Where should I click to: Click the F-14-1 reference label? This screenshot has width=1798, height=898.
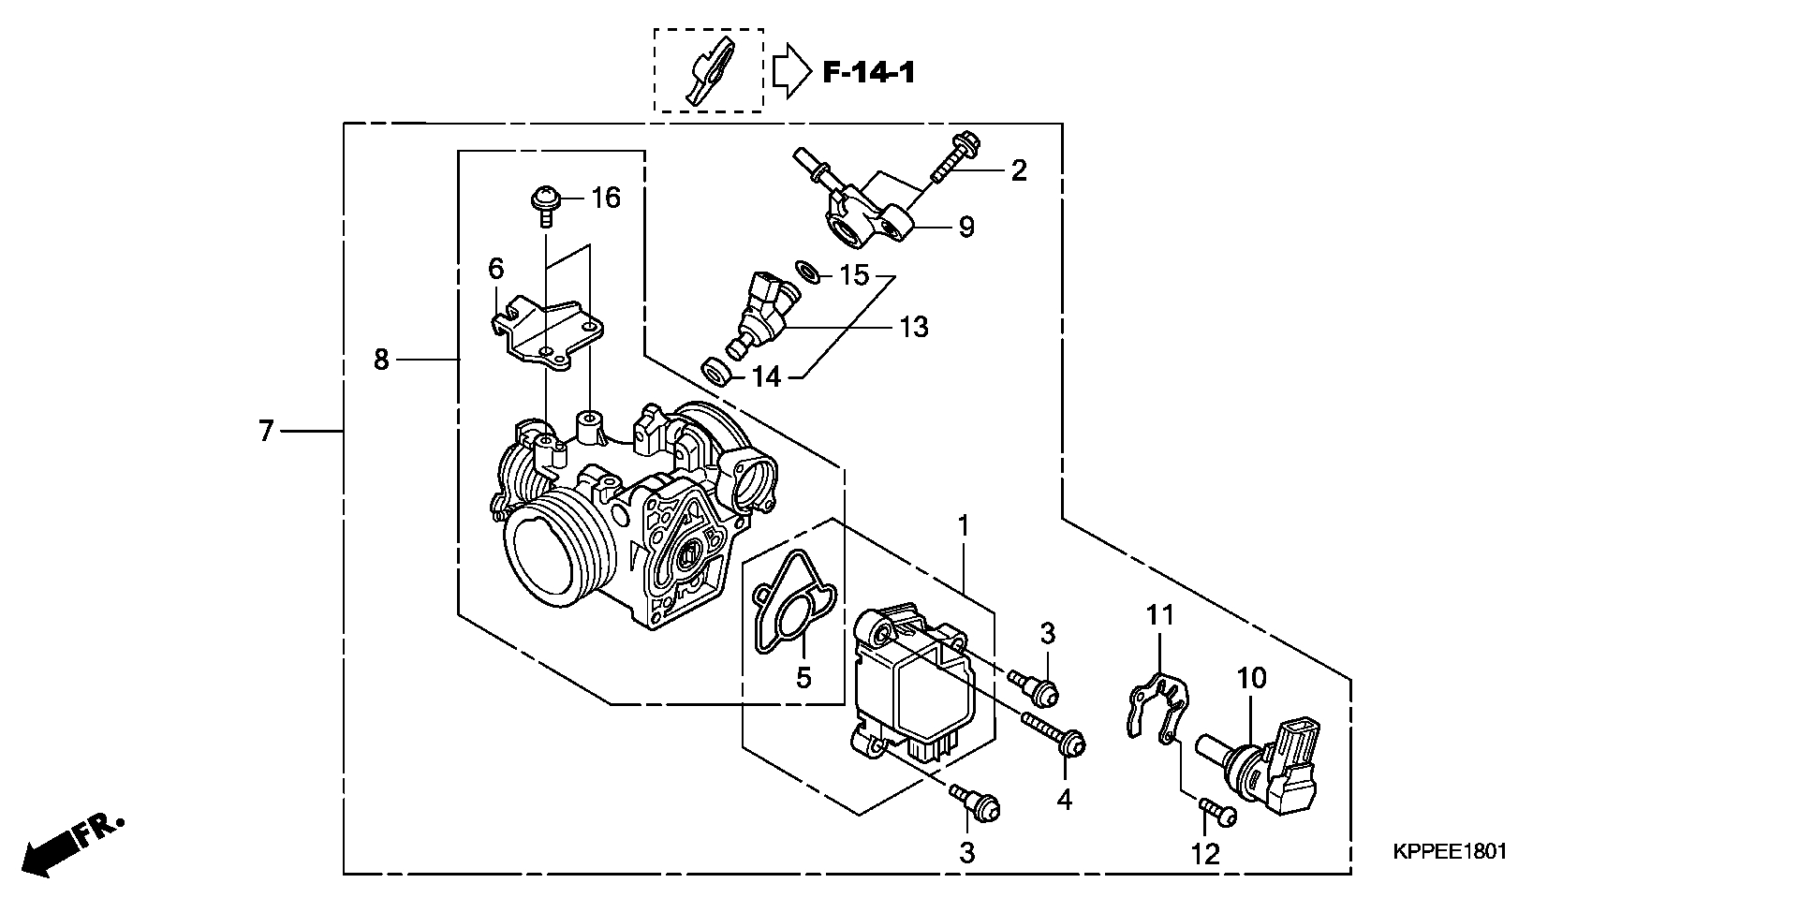pyautogui.click(x=868, y=72)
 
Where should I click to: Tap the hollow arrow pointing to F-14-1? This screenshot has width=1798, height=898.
pyautogui.click(x=792, y=71)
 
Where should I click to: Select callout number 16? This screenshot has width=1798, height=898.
pyautogui.click(x=606, y=198)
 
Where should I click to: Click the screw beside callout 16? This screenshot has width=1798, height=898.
pyautogui.click(x=544, y=206)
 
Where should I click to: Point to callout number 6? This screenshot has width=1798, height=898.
pyautogui.click(x=495, y=269)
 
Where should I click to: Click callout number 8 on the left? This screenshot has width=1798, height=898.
pyautogui.click(x=381, y=359)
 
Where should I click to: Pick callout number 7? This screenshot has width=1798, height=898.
pyautogui.click(x=266, y=432)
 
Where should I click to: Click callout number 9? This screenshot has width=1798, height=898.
pyautogui.click(x=966, y=227)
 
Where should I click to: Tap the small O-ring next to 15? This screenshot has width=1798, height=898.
pyautogui.click(x=808, y=272)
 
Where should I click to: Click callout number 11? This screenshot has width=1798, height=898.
pyautogui.click(x=1160, y=615)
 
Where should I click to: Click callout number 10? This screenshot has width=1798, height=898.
pyautogui.click(x=1252, y=677)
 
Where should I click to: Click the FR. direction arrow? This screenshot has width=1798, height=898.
pyautogui.click(x=71, y=846)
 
